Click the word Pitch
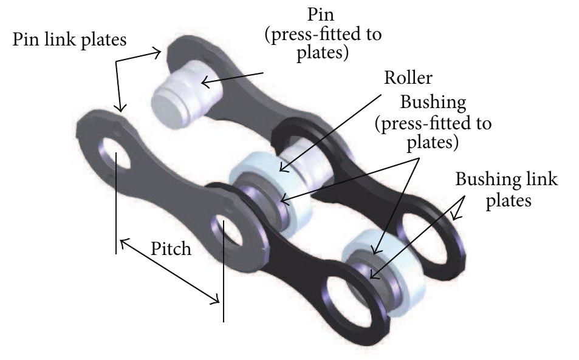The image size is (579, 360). click(171, 249)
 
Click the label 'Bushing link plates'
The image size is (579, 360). click(506, 189)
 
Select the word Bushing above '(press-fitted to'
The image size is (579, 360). click(433, 102)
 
